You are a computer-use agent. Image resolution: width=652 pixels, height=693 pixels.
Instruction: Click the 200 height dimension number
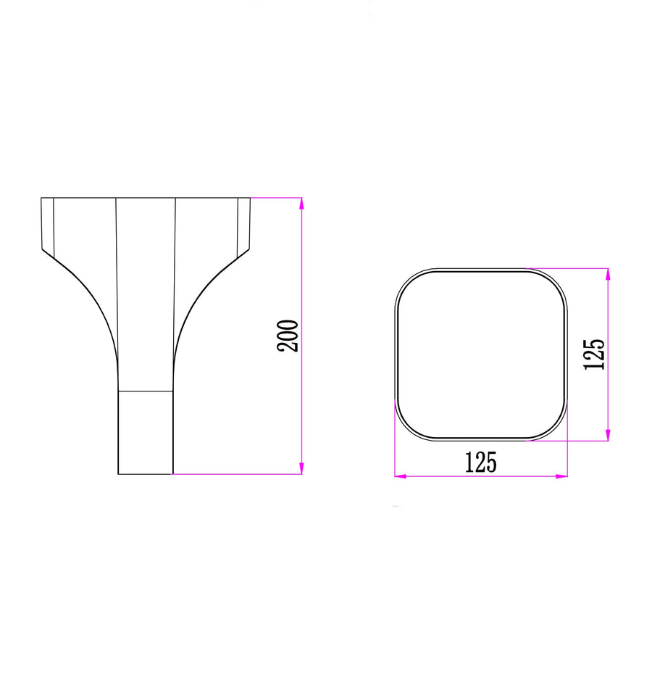[x=288, y=336]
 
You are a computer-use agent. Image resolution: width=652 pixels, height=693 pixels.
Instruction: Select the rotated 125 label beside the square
[x=594, y=354]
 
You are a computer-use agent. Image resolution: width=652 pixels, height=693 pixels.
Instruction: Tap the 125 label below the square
[x=480, y=462]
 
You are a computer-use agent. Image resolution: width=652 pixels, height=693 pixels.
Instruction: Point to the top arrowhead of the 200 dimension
[x=301, y=203]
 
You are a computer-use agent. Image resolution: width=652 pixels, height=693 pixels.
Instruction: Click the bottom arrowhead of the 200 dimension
[x=301, y=468]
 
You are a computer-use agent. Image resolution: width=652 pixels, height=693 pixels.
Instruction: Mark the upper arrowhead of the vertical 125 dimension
[x=608, y=274]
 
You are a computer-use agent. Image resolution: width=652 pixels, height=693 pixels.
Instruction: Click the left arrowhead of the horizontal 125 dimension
[x=401, y=476]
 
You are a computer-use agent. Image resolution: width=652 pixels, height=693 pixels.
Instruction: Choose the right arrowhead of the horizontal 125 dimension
[x=561, y=476]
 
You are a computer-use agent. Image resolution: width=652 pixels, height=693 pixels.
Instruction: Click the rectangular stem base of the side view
[x=146, y=433]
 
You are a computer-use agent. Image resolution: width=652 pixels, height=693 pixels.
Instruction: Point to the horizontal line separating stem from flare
[x=146, y=391]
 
